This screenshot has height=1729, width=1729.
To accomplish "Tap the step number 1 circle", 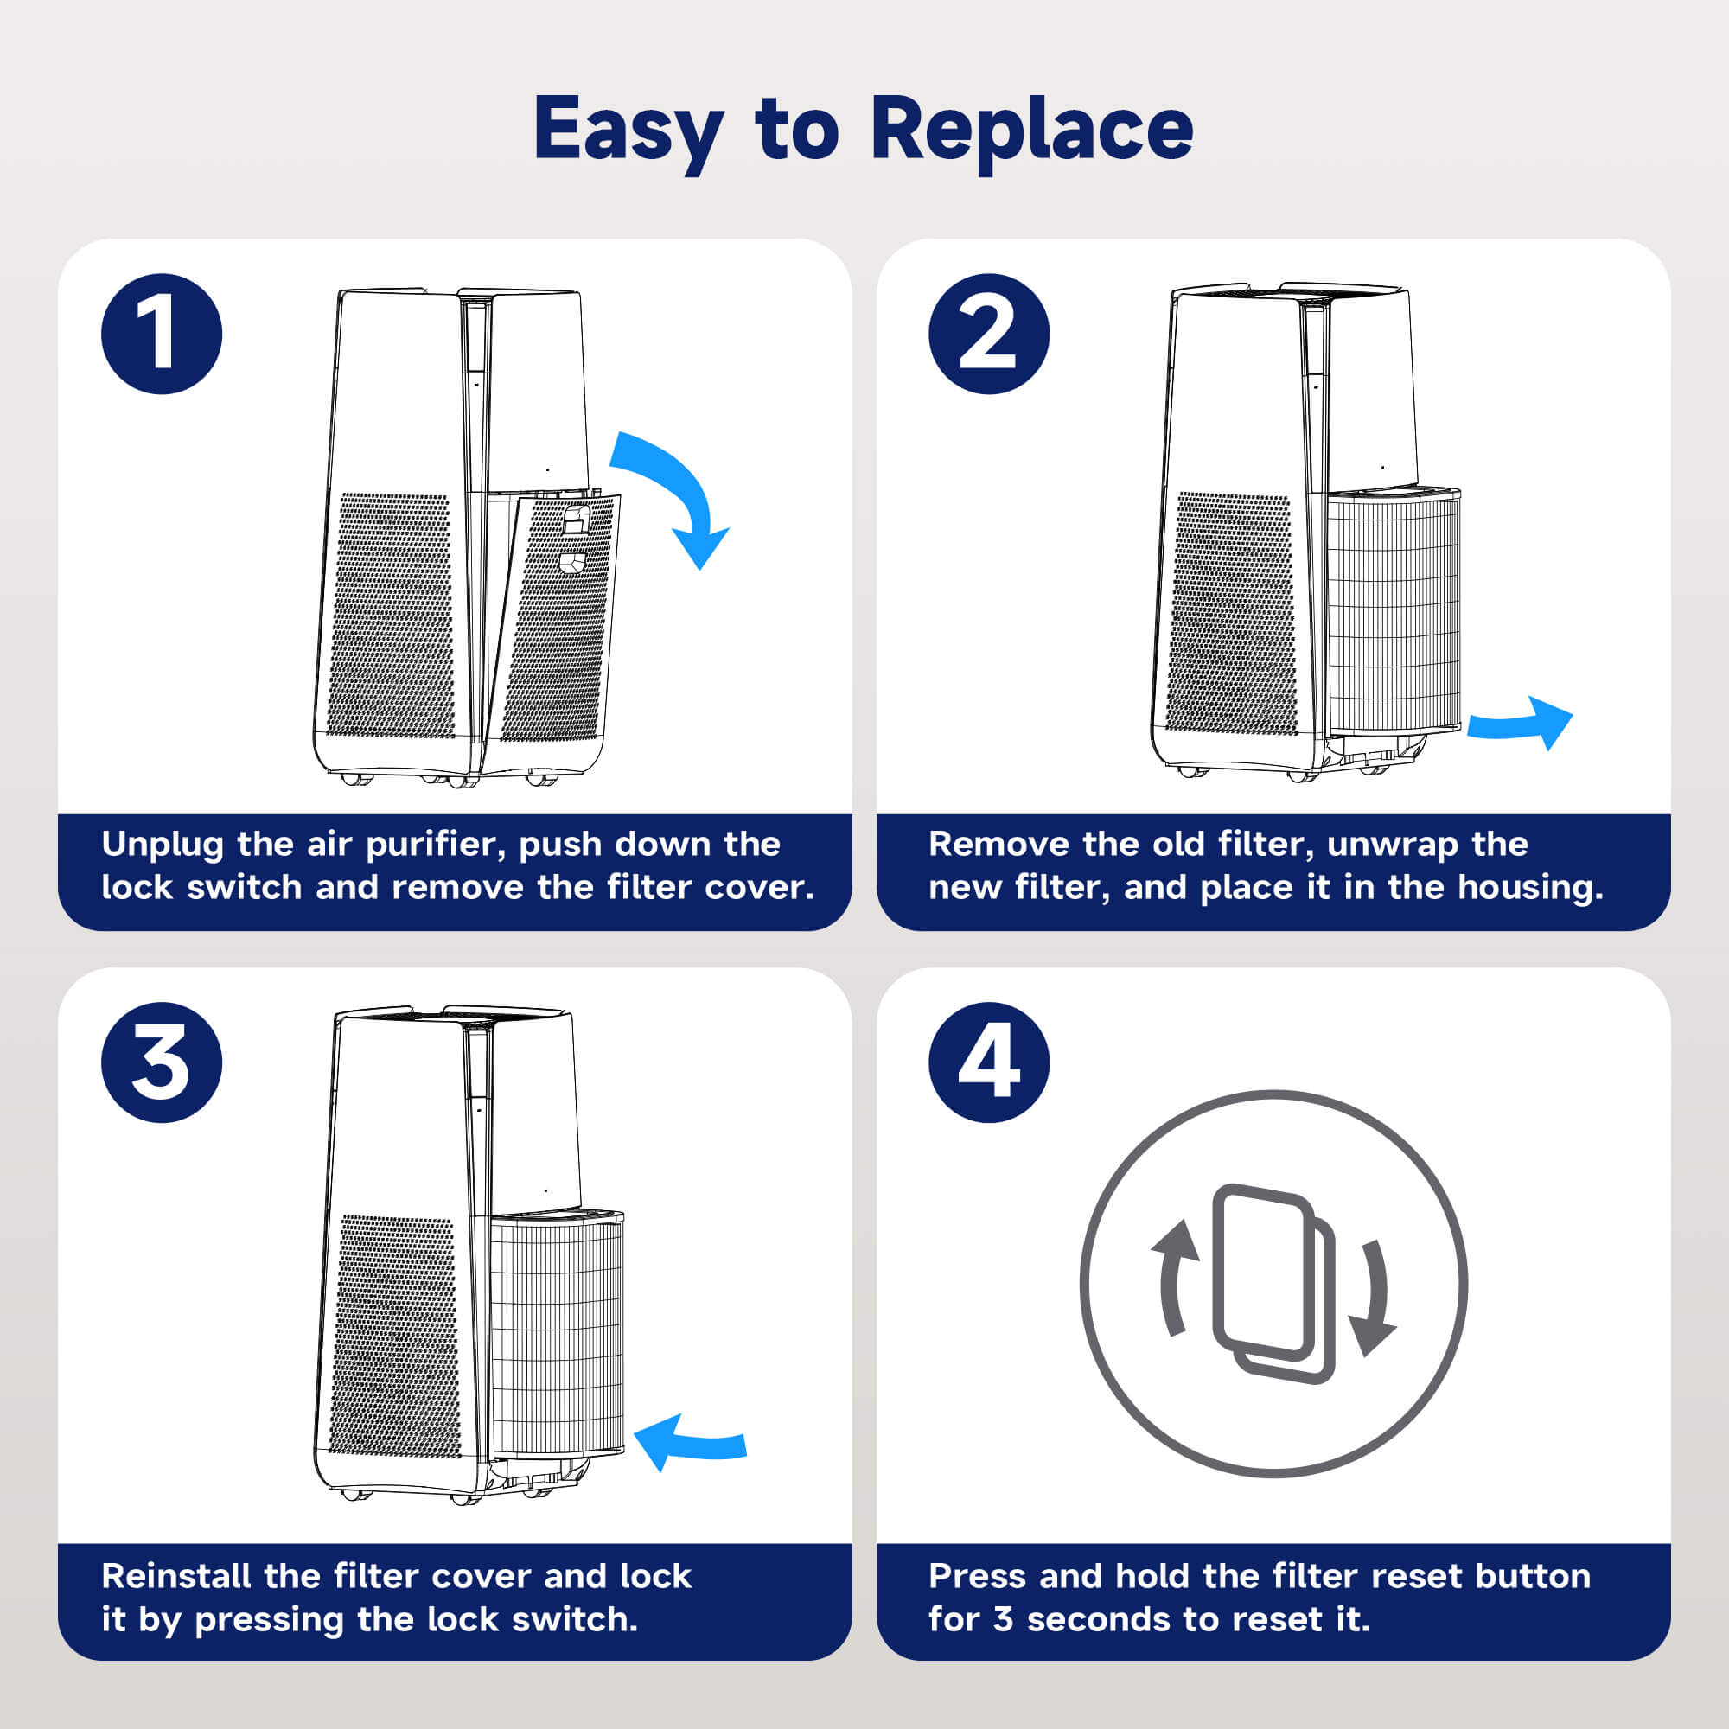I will pyautogui.click(x=162, y=334).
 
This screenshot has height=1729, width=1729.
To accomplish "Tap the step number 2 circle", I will pyautogui.click(x=989, y=334).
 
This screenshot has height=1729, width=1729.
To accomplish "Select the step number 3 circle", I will pyautogui.click(x=162, y=1062).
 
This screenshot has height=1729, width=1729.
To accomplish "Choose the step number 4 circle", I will pyautogui.click(x=989, y=1062).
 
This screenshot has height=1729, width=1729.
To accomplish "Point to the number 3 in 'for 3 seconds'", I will pyautogui.click(x=1002, y=1619).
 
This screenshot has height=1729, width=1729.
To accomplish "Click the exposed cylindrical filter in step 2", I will pyautogui.click(x=1393, y=613).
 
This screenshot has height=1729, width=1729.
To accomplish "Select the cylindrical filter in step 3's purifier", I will pyautogui.click(x=557, y=1338).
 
